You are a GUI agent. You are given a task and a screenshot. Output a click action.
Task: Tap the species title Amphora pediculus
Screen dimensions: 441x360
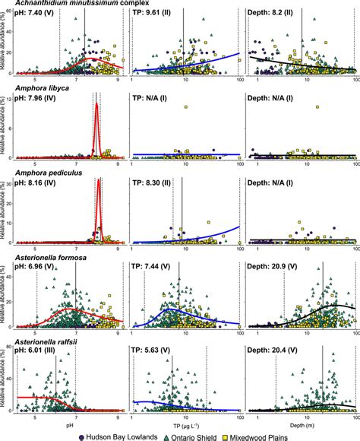[x=43, y=174]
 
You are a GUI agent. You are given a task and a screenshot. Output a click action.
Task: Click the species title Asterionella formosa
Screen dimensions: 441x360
[x=46, y=259]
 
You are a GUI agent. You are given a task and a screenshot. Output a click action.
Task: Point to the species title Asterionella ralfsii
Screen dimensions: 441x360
[x=42, y=344]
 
